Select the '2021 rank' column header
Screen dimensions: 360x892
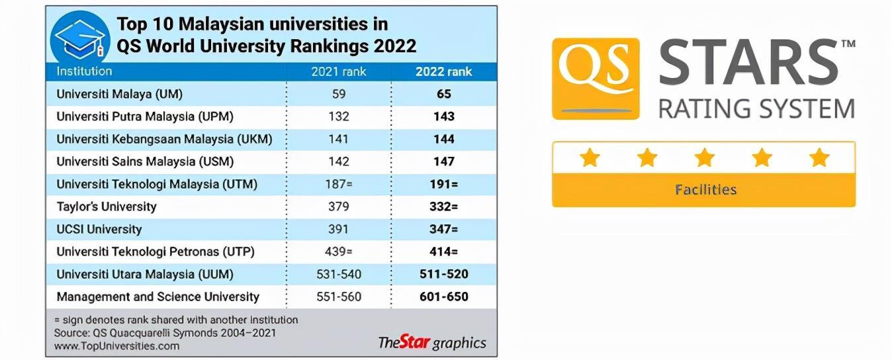tap(338, 71)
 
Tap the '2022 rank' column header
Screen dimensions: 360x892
tap(443, 71)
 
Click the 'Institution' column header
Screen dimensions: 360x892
tap(84, 71)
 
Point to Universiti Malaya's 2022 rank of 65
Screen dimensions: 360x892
tap(443, 94)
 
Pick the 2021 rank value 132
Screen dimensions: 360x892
tap(338, 116)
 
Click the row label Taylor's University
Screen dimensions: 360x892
tap(107, 206)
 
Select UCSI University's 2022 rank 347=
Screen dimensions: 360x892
tap(443, 229)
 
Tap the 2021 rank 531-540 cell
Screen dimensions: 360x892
tap(338, 274)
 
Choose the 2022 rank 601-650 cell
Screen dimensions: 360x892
tap(443, 296)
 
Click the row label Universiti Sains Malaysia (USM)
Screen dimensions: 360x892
tap(145, 161)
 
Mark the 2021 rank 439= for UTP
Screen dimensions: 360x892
tap(338, 251)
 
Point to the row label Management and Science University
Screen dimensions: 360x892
tap(157, 296)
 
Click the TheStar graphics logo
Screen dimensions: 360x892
tap(431, 342)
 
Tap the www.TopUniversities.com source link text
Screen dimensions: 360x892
tap(116, 345)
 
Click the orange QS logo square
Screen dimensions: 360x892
tap(596, 78)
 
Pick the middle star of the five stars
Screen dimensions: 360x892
tap(704, 157)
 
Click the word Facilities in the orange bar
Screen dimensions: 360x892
tap(705, 190)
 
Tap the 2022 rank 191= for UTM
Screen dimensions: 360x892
tap(443, 184)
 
